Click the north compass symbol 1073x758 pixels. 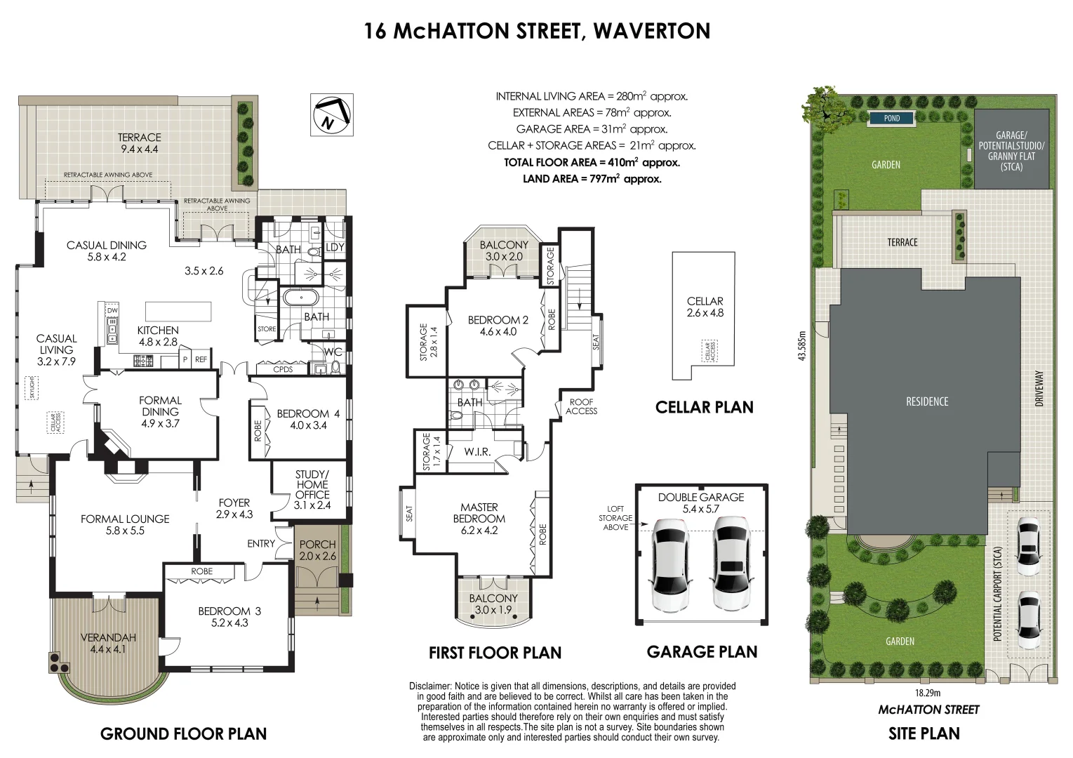(332, 114)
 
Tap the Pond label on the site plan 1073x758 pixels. (891, 118)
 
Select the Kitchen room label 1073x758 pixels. (158, 336)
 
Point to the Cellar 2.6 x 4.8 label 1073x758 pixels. (705, 307)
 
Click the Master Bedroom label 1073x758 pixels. (479, 519)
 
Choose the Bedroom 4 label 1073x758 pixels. (308, 419)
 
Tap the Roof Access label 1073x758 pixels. (581, 406)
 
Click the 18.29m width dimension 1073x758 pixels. (928, 693)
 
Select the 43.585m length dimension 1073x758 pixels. (812, 346)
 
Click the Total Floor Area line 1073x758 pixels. (592, 162)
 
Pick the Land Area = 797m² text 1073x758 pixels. (592, 179)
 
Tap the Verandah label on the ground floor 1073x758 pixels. (108, 643)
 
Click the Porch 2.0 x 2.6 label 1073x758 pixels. (317, 550)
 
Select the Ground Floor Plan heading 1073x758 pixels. (183, 734)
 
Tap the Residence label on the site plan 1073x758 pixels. (927, 401)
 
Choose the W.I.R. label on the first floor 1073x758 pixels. (477, 451)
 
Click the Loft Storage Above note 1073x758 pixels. (615, 518)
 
